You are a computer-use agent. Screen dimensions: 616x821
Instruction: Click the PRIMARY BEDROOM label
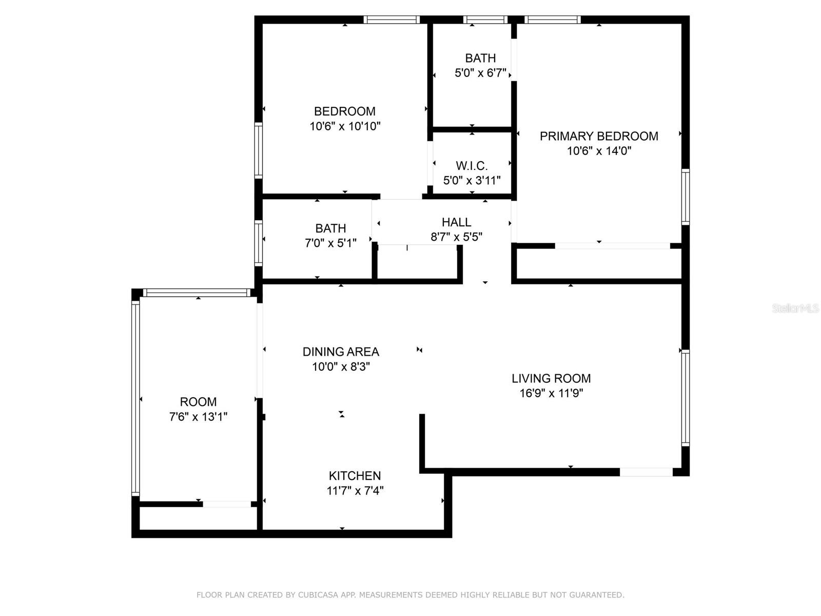[x=599, y=136]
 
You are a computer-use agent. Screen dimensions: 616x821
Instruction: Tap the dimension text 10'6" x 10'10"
[x=345, y=126]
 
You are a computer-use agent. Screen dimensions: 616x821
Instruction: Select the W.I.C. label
[x=472, y=166]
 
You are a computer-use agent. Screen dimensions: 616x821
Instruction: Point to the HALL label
[x=456, y=222]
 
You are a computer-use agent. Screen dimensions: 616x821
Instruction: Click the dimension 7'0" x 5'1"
[x=330, y=243]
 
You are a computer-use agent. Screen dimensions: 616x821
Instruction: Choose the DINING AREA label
[x=341, y=352]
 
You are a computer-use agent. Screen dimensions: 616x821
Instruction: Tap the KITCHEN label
[x=355, y=476]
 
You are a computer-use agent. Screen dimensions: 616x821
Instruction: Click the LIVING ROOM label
[x=551, y=378]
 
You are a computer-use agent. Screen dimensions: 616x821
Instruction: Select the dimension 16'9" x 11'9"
[x=551, y=394]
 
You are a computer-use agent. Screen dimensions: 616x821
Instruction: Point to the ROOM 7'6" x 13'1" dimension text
[x=198, y=417]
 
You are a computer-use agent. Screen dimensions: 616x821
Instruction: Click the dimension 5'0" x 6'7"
[x=480, y=73]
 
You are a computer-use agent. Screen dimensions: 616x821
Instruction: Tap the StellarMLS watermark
[x=795, y=309]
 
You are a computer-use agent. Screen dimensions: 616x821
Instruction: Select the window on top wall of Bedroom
[x=392, y=20]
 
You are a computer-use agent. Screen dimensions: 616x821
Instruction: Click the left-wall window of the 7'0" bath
[x=259, y=243]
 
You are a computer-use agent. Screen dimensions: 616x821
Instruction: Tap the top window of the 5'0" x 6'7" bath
[x=485, y=20]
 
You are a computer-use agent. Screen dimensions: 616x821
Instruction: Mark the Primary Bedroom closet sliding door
[x=612, y=246]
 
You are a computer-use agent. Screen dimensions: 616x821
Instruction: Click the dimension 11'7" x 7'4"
[x=355, y=491]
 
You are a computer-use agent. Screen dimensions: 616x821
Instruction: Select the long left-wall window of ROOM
[x=135, y=398]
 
